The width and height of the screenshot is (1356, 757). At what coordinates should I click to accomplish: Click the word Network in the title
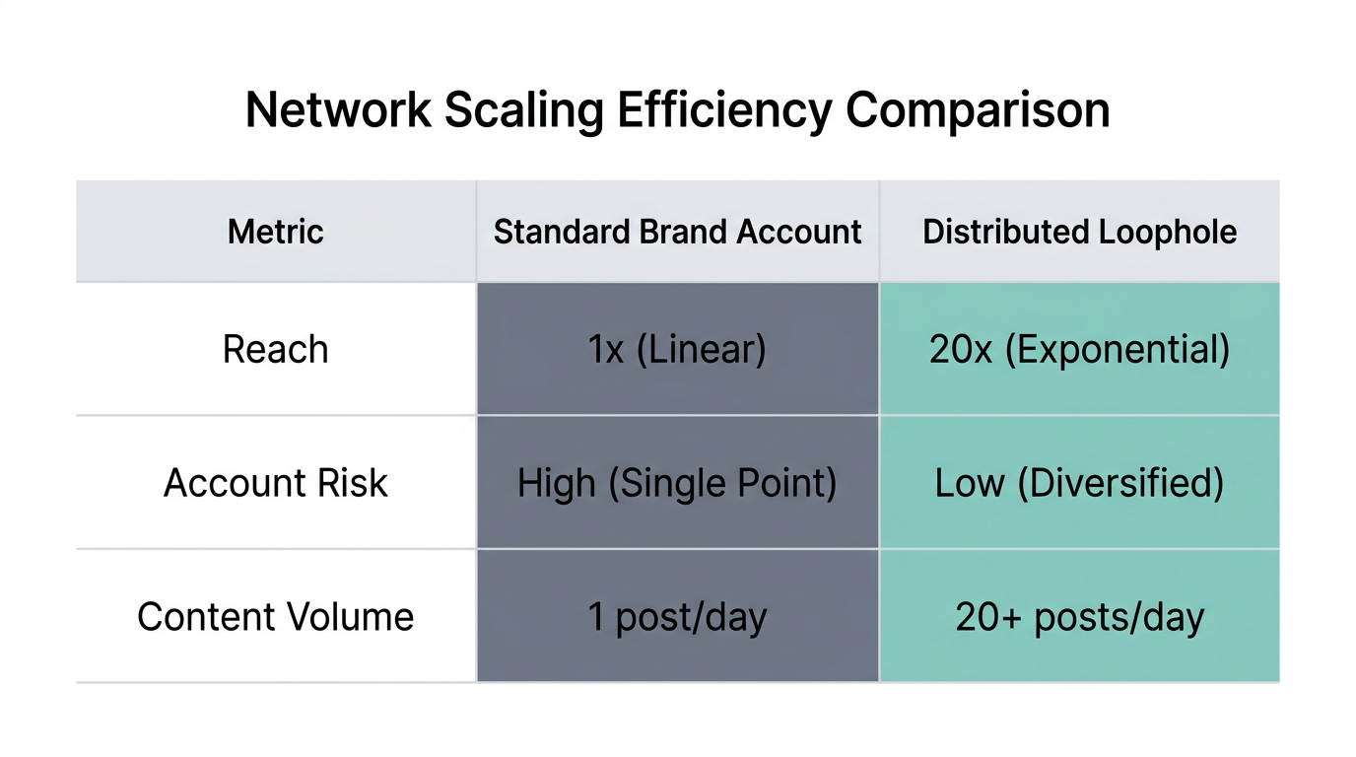click(338, 110)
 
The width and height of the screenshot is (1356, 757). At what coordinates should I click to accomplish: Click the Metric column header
click(276, 232)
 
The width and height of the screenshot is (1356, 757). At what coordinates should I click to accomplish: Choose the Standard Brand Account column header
click(677, 232)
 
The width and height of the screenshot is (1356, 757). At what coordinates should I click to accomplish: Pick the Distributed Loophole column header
click(1079, 232)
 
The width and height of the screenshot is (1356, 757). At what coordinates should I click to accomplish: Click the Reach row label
click(276, 350)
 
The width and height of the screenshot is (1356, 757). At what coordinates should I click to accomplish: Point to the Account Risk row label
click(276, 483)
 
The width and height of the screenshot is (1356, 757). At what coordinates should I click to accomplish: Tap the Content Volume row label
click(276, 617)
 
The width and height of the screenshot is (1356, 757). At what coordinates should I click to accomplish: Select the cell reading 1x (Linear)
click(677, 350)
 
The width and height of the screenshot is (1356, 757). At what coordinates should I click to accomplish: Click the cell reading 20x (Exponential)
click(1079, 350)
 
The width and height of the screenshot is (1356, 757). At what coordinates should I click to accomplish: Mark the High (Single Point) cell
click(677, 483)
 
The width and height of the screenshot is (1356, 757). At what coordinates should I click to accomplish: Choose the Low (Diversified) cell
click(1079, 483)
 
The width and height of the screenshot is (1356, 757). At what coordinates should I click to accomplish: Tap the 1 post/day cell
click(677, 617)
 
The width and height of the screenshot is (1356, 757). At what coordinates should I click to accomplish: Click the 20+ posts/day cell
click(1079, 617)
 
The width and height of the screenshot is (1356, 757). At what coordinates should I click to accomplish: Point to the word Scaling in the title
click(523, 110)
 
